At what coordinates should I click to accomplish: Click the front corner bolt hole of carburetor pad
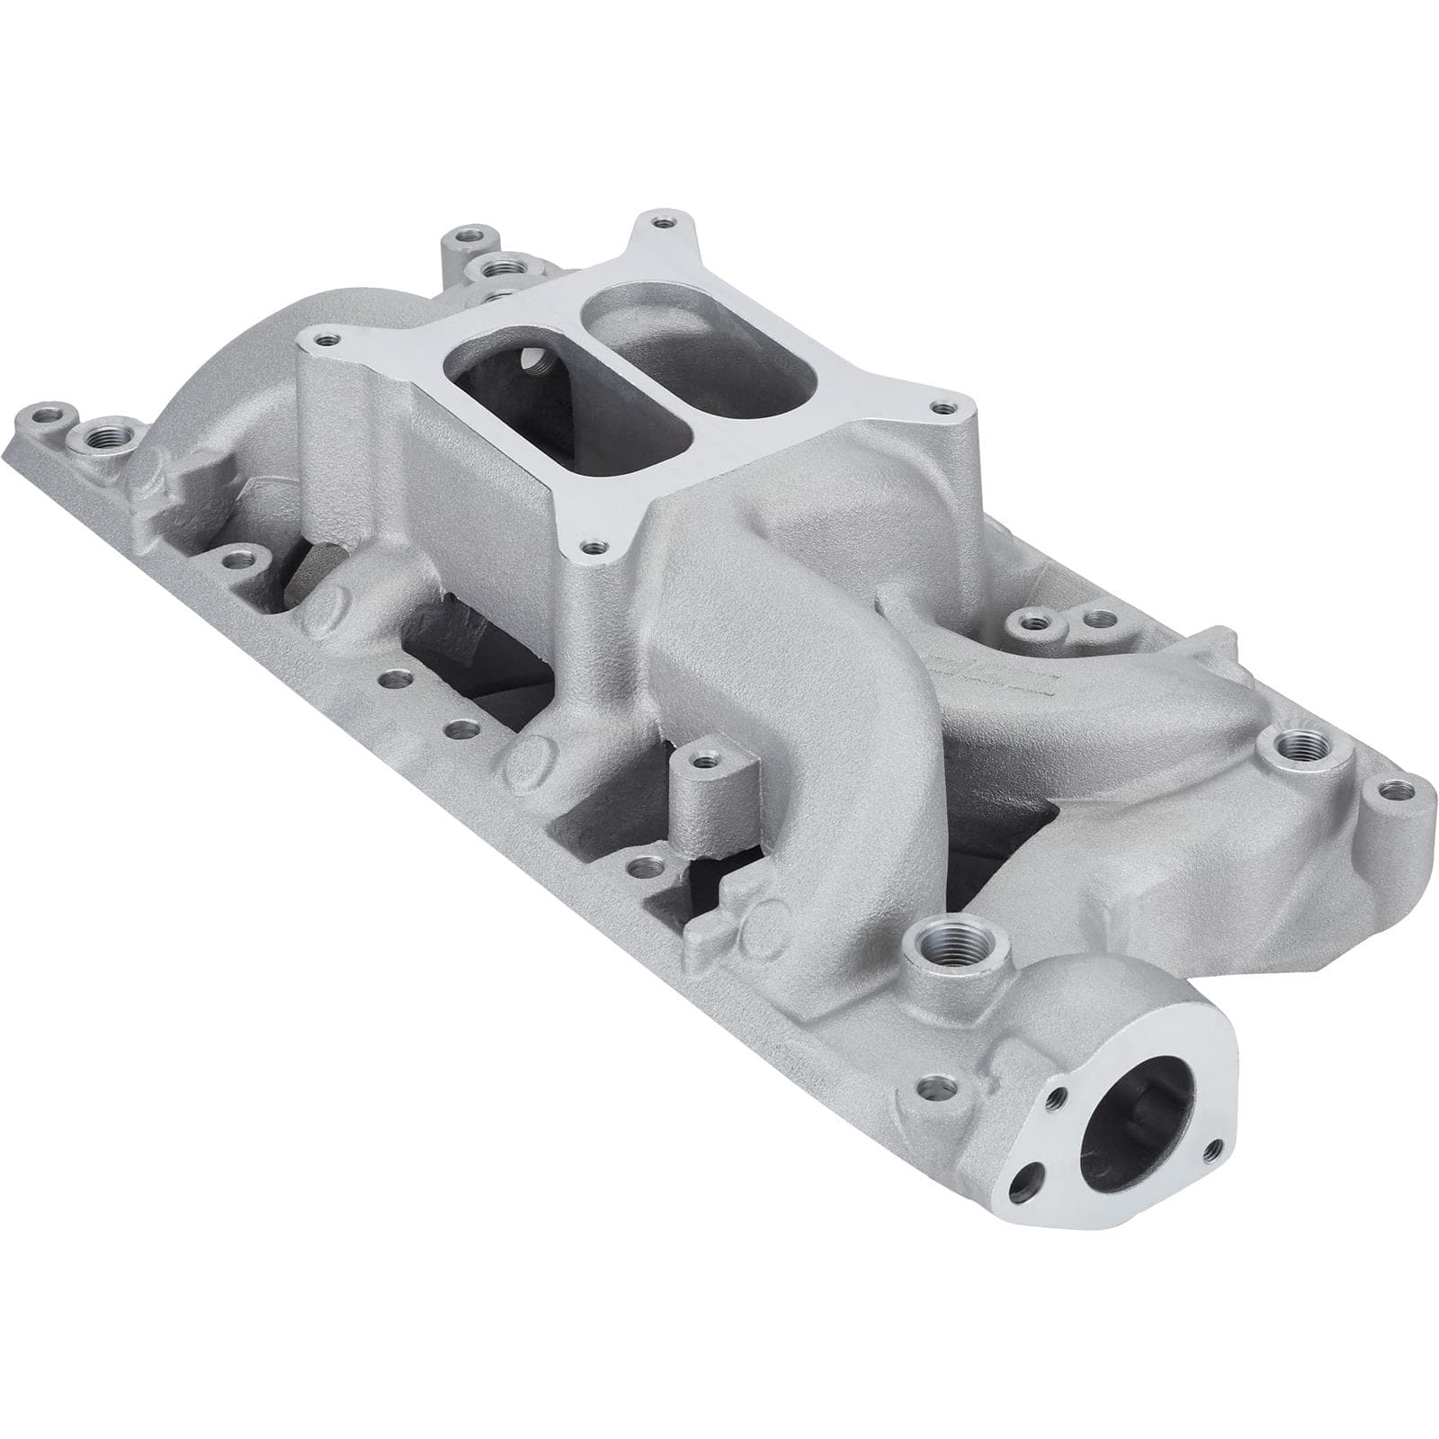pyautogui.click(x=590, y=546)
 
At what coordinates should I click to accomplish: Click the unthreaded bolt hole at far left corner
pyautogui.click(x=43, y=418)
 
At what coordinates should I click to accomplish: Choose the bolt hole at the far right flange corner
pyautogui.click(x=1391, y=791)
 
